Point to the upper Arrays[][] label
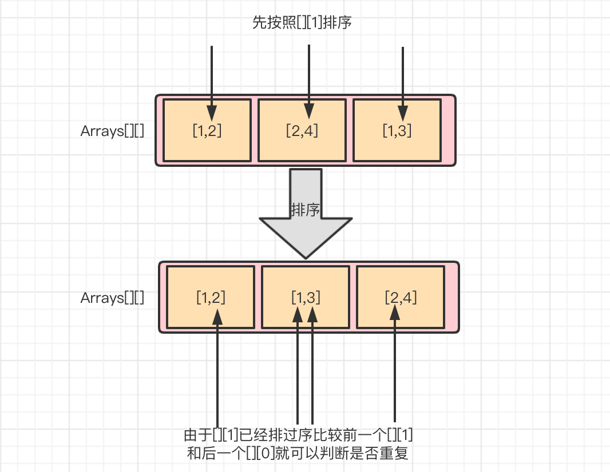(112, 131)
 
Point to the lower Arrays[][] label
(112, 298)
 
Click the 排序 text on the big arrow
(305, 210)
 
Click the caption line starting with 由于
(298, 435)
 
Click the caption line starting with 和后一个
(298, 454)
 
